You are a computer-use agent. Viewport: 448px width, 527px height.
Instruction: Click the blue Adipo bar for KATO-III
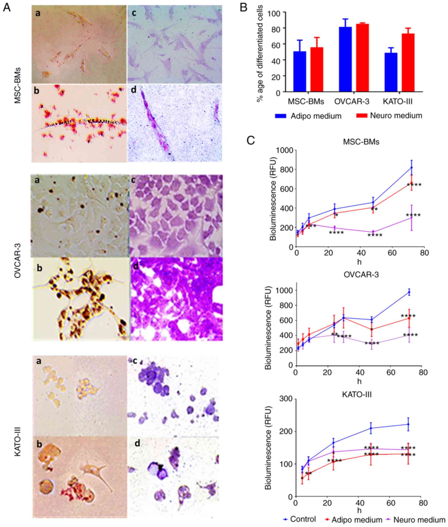391,72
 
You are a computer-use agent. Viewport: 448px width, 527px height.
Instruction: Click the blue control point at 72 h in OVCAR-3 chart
409,292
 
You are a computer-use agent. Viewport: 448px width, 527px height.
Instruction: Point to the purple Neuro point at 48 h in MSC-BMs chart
373,232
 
